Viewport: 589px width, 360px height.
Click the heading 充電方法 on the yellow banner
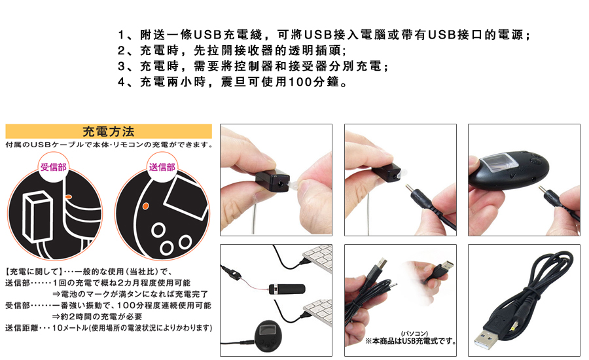click(x=108, y=132)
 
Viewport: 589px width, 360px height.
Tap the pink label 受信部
click(x=54, y=167)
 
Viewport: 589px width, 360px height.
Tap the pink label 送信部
click(x=162, y=167)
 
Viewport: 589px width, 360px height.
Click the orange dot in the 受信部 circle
click(x=68, y=197)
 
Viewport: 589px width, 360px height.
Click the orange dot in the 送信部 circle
click(x=145, y=206)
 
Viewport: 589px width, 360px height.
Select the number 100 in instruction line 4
click(x=300, y=82)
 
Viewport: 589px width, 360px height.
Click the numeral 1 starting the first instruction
click(x=121, y=35)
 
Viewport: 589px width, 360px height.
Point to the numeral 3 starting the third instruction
click(x=121, y=66)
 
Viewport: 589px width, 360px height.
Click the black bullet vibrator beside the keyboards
click(x=287, y=289)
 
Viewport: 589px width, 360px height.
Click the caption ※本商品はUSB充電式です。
click(x=411, y=341)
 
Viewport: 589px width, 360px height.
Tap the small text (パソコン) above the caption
click(x=414, y=334)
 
